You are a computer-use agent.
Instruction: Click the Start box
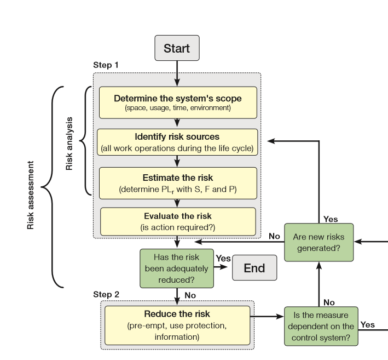pos(177,48)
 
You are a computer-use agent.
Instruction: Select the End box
pos(254,268)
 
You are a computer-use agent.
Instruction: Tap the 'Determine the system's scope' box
pos(178,102)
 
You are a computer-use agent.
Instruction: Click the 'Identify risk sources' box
pos(177,142)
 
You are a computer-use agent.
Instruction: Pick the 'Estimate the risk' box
pos(178,183)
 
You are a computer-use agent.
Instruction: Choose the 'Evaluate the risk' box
pos(178,221)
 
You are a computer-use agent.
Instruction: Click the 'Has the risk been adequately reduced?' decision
pos(176,268)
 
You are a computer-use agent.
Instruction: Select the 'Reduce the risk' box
pos(177,325)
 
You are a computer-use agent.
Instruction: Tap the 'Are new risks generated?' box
pos(318,243)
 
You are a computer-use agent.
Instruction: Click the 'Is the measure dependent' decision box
pos(321,326)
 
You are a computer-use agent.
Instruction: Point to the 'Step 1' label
pos(106,65)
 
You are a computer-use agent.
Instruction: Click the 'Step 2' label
pos(106,294)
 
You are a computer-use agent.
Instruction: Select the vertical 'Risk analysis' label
pos(69,143)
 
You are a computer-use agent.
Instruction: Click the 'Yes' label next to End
pos(223,258)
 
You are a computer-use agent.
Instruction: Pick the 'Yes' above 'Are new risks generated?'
pos(331,219)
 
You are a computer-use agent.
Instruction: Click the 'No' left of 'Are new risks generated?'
pos(275,236)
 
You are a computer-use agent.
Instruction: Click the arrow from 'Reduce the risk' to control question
pos(267,317)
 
